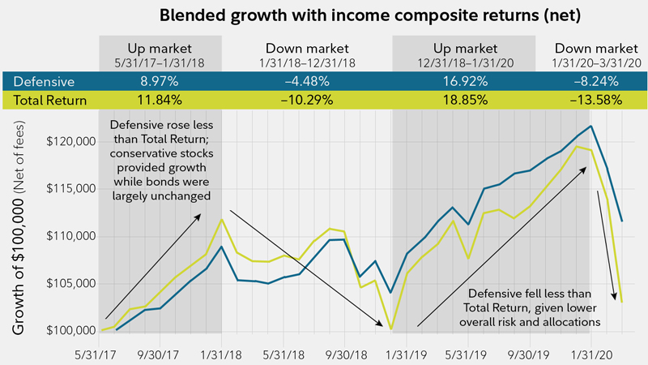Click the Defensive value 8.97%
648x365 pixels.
coord(160,81)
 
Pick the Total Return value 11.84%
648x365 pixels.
coord(160,101)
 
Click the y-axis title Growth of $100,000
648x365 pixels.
coord(18,235)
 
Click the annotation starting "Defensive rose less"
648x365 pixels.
coord(159,159)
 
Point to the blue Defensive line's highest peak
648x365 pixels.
coord(591,126)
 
